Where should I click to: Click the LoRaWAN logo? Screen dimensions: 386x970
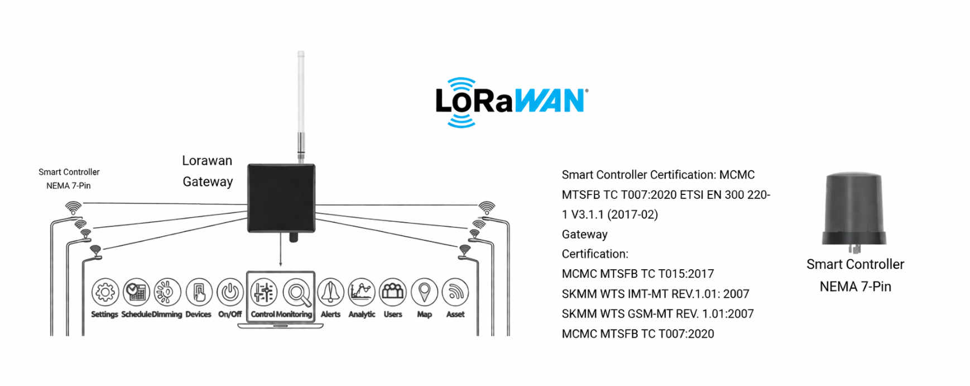pos(511,102)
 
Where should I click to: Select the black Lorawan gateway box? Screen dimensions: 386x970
pos(281,198)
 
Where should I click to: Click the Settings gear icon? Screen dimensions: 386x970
pos(105,292)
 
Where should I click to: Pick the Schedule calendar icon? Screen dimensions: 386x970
pos(136,292)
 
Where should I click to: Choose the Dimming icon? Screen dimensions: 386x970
pos(167,292)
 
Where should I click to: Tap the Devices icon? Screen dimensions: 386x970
pos(199,292)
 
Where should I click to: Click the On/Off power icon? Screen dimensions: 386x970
pos(230,292)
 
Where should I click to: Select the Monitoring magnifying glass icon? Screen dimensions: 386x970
pos(297,292)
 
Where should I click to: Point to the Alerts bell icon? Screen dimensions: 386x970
pos(330,292)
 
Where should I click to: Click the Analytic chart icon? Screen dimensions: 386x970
pos(362,292)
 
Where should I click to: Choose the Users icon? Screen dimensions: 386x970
pos(393,292)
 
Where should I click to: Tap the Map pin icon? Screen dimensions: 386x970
pos(424,292)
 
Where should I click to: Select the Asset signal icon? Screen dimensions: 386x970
pos(455,292)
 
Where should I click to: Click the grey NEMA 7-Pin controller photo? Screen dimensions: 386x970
pos(854,209)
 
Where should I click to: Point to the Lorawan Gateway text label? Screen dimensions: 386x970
pos(207,171)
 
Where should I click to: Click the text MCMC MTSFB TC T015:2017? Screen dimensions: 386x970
pos(638,274)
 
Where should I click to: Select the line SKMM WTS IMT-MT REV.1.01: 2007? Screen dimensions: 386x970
pos(655,294)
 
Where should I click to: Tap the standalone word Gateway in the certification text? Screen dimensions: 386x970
pos(584,234)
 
